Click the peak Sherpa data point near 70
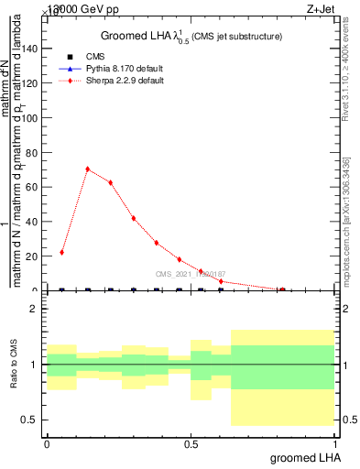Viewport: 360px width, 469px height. pyautogui.click(x=88, y=169)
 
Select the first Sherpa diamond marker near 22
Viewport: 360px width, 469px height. pyautogui.click(x=61, y=252)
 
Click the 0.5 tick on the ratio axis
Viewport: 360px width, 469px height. pyautogui.click(x=28, y=420)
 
